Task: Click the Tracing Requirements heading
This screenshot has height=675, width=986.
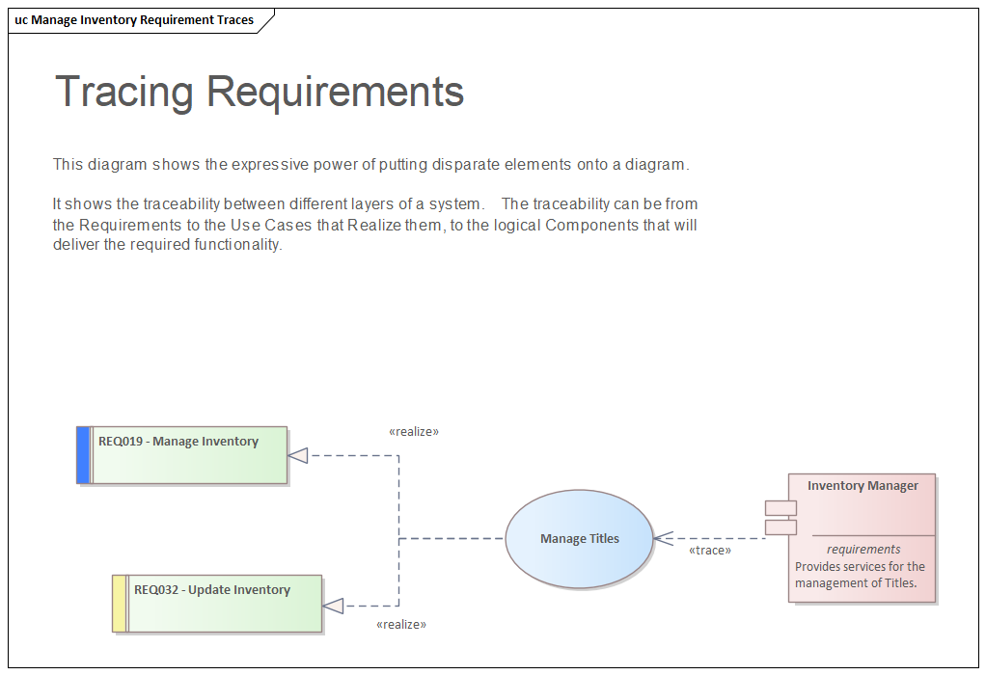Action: (260, 92)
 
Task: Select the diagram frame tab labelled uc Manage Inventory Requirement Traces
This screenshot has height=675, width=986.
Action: (135, 20)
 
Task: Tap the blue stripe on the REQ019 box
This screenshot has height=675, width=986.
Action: (83, 454)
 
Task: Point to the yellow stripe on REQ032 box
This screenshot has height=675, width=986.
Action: (119, 604)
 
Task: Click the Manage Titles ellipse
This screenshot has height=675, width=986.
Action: (579, 539)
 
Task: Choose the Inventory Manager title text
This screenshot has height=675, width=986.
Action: (863, 486)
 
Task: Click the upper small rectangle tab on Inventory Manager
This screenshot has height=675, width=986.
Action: (781, 508)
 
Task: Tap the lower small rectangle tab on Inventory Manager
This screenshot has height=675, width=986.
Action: (781, 526)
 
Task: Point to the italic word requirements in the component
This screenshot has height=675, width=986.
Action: (863, 550)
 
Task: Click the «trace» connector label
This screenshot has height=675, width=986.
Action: (709, 551)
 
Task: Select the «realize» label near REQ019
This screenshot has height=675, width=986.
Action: (414, 432)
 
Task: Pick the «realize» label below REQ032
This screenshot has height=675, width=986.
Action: (401, 625)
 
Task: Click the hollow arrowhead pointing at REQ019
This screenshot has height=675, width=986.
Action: (298, 455)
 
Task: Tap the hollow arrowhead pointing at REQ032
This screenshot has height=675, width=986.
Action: (333, 606)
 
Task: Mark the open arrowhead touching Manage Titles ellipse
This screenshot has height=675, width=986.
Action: (662, 539)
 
